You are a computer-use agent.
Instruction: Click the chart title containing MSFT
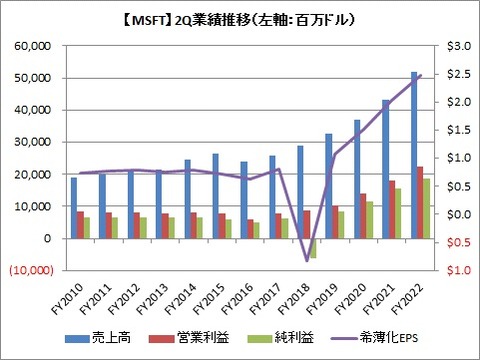click(x=239, y=16)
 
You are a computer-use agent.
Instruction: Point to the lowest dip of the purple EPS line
click(x=307, y=260)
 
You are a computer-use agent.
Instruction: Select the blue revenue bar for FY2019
click(x=329, y=186)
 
